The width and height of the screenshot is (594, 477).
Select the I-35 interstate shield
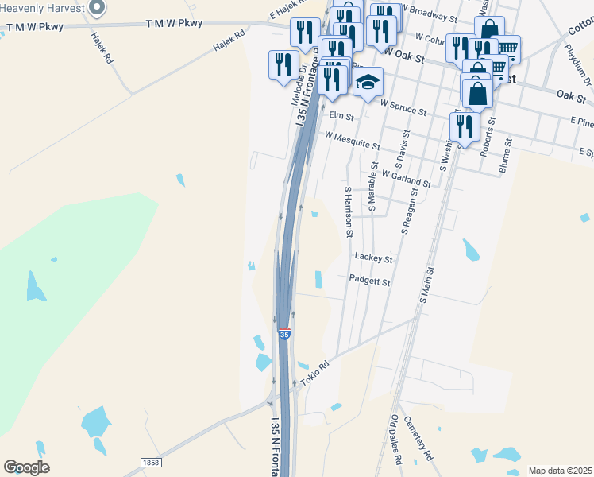coord(284,334)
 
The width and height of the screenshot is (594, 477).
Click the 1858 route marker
coord(150,462)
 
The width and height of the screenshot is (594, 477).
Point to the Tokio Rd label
coord(314,372)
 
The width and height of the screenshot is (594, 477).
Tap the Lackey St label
coord(374,258)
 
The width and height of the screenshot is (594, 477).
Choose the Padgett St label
coord(370,281)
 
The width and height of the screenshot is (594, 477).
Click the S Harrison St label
coord(348,212)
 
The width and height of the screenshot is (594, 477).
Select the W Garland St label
coord(406,178)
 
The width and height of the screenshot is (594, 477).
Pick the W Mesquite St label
coord(352,141)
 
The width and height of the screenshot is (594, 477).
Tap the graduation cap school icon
coord(368,82)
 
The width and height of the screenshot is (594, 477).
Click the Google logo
coord(26,467)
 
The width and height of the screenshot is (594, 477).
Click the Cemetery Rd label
coord(418,439)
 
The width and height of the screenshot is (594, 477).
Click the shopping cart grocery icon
coord(505,48)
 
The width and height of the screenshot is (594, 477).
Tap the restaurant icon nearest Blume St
coord(464,125)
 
